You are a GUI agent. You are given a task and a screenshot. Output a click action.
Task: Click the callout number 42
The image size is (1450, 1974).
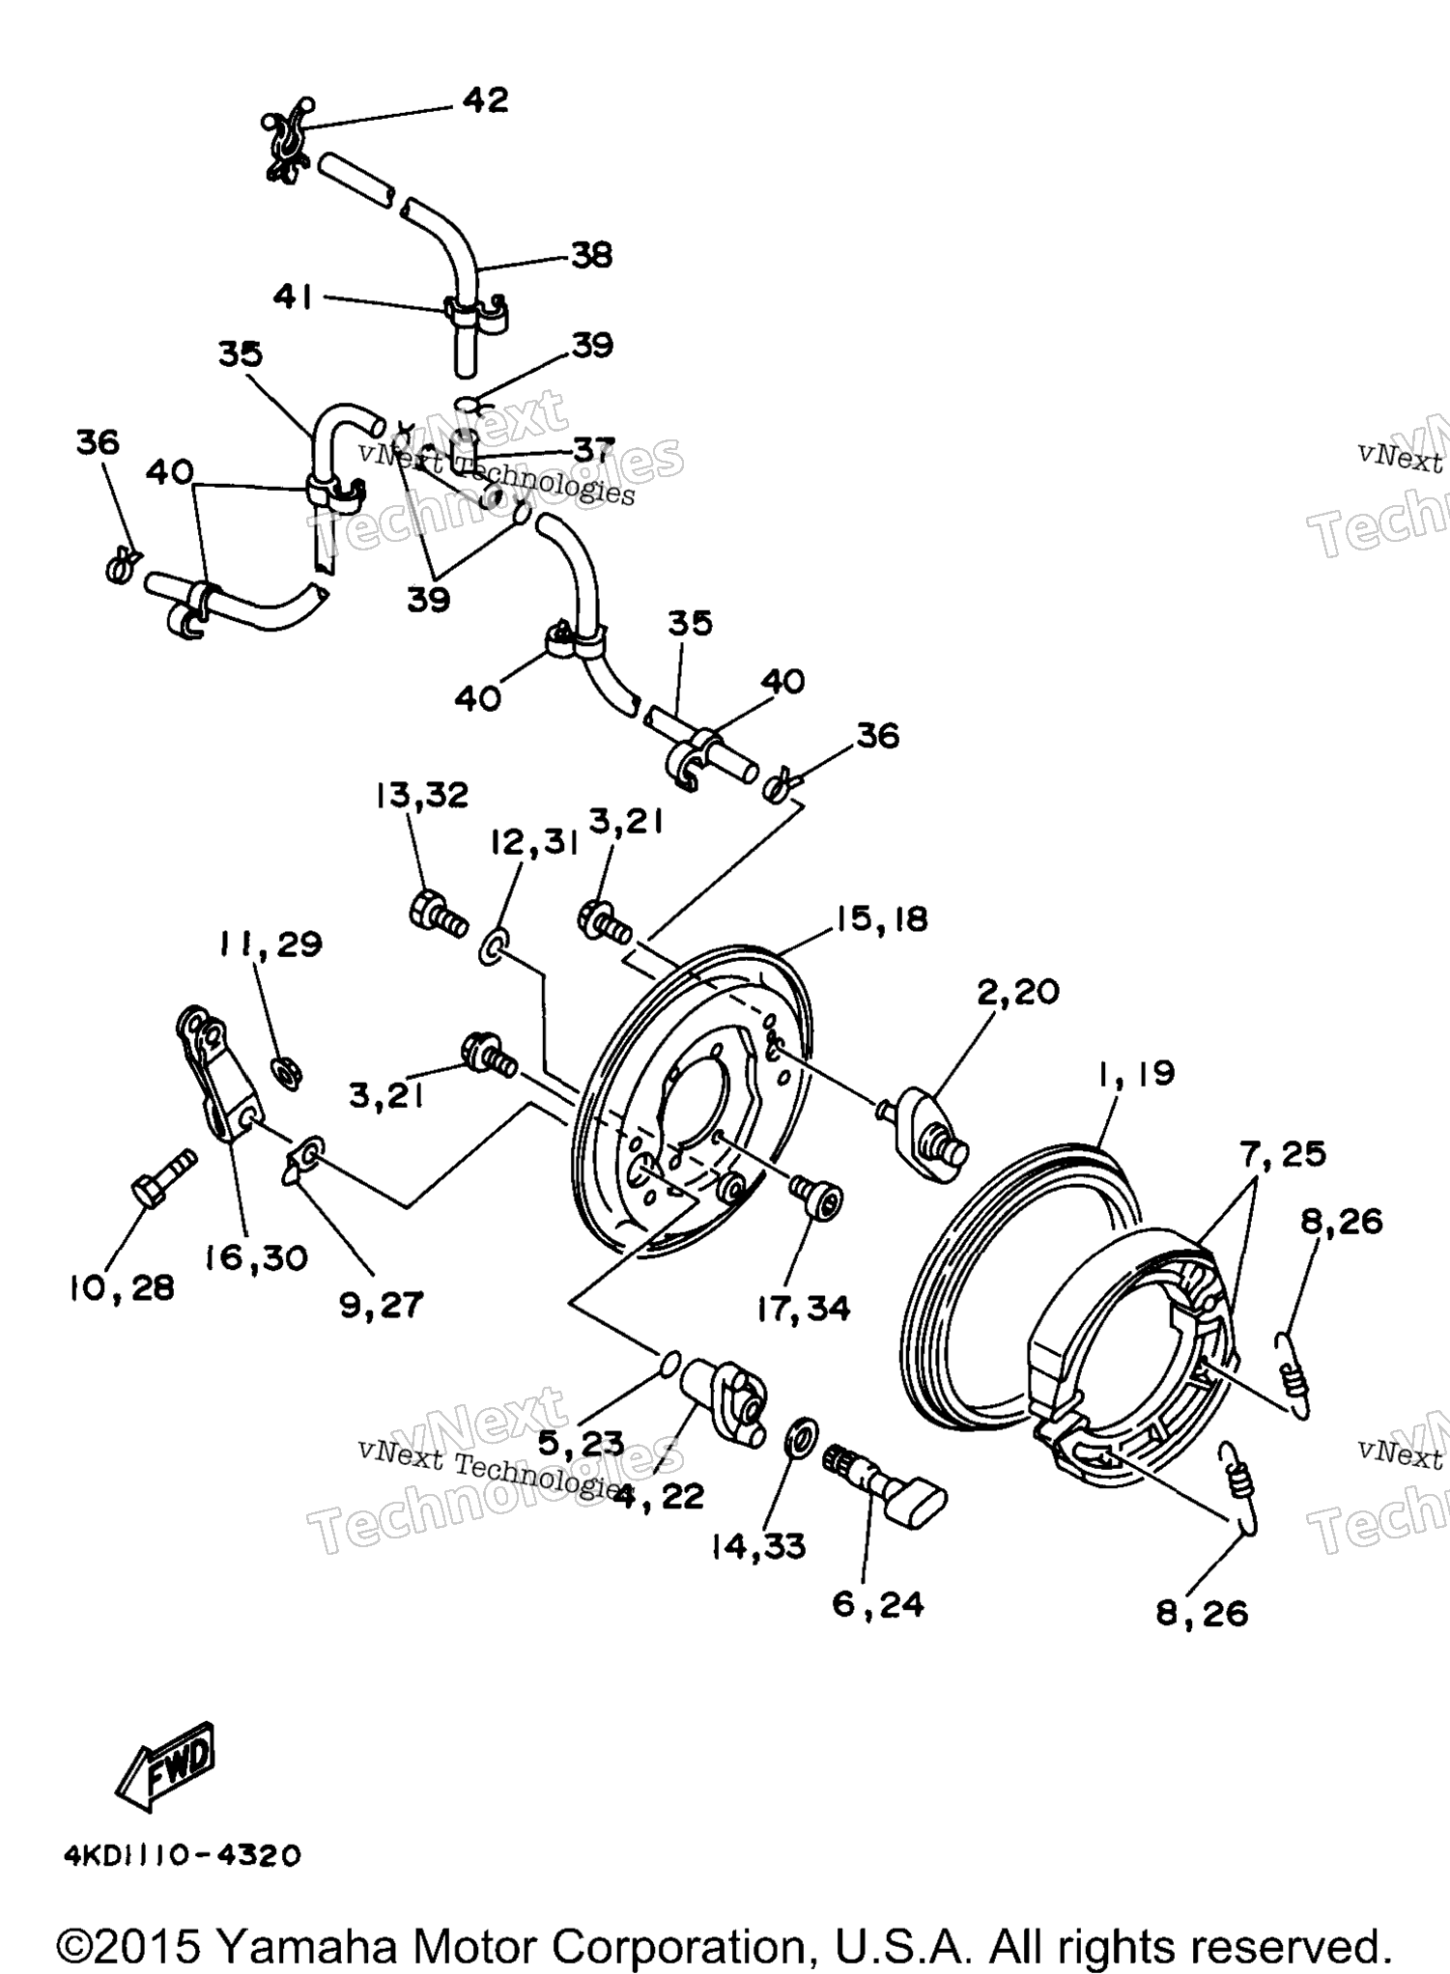485,100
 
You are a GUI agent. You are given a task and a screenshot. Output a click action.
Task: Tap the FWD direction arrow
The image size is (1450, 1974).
164,1766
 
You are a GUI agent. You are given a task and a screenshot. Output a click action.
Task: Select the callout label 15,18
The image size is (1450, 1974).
881,918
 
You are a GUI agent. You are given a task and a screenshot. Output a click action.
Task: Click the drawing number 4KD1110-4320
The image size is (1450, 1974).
183,1855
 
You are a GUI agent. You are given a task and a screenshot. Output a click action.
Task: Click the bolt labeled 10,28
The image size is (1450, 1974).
163,1177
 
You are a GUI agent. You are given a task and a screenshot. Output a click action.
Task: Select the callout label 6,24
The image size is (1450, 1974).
878,1604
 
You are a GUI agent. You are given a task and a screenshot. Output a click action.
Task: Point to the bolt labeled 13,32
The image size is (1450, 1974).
439,913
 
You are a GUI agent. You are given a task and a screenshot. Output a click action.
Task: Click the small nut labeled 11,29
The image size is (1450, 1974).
286,1071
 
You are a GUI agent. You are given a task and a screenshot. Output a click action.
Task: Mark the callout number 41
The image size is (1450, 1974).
293,296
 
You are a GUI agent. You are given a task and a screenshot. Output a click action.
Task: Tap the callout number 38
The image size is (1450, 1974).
591,255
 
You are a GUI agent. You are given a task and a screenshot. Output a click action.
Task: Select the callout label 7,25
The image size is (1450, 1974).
1283,1152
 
